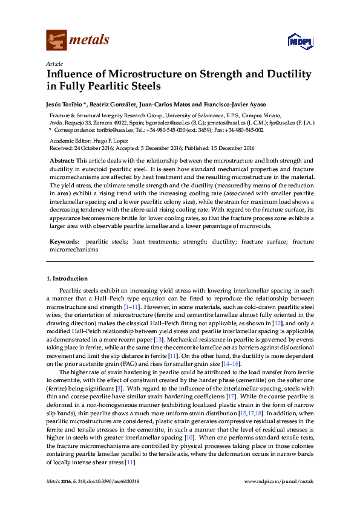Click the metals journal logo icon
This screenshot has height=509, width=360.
(56, 40)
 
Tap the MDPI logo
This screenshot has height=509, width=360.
(300, 41)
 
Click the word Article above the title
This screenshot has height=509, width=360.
(54, 63)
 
